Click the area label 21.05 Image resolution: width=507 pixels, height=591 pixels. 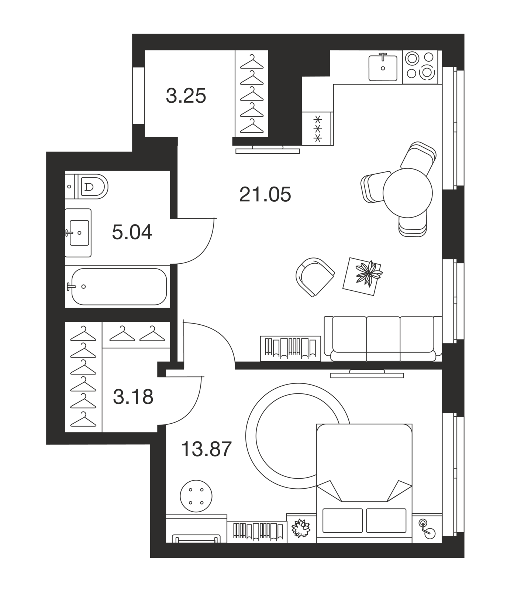(265, 194)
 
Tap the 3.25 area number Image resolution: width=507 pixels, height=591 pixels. (186, 96)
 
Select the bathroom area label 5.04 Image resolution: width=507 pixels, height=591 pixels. (132, 232)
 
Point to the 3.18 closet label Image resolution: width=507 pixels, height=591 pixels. (133, 397)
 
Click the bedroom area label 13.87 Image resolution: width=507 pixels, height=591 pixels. (207, 449)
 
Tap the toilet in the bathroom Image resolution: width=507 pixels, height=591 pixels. (87, 186)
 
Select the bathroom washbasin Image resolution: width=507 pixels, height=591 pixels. (78, 233)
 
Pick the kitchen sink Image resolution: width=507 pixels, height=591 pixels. (383, 68)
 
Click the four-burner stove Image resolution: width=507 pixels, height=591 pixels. (420, 67)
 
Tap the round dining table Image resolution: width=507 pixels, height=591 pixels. (407, 193)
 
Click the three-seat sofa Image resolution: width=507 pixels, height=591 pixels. (383, 338)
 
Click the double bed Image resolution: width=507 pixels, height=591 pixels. (364, 483)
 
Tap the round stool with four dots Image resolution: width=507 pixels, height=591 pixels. (196, 496)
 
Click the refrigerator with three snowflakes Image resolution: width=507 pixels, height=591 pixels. (317, 129)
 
